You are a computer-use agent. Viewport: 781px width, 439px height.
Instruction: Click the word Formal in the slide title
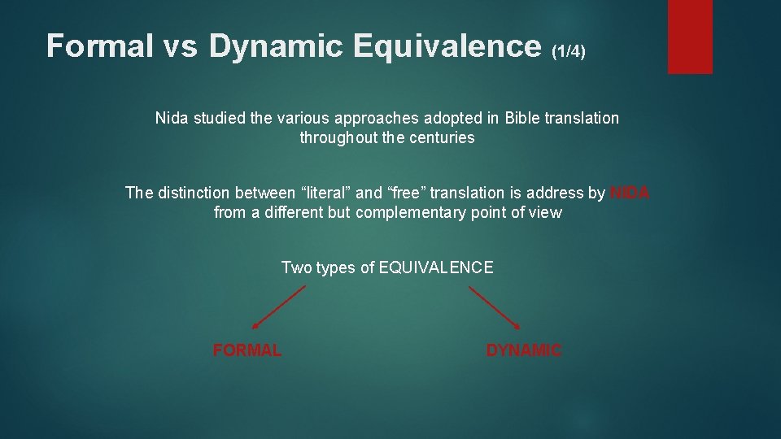[100, 46]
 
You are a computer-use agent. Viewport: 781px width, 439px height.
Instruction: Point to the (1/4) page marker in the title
[568, 51]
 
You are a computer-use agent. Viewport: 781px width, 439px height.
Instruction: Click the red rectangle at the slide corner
[690, 37]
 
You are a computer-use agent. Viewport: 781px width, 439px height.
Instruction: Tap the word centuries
[442, 137]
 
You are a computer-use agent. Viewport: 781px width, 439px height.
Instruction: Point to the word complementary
[408, 212]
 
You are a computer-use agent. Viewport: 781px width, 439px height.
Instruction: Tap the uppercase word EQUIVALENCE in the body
[436, 267]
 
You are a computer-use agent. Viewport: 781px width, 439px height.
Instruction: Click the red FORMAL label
[247, 350]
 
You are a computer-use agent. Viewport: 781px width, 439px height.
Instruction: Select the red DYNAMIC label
[523, 350]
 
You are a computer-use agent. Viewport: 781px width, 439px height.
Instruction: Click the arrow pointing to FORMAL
[278, 307]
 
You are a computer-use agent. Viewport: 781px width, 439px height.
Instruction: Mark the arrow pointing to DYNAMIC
[495, 307]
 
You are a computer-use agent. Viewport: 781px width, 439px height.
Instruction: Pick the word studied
[218, 118]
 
